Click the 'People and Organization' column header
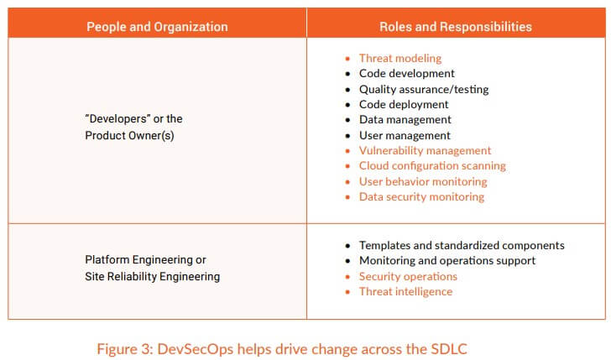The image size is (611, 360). click(x=157, y=27)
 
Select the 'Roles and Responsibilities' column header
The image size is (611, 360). click(x=456, y=27)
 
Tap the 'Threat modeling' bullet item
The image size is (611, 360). click(x=400, y=58)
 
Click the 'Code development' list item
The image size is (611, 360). click(x=407, y=73)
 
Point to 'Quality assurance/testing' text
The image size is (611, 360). click(x=424, y=89)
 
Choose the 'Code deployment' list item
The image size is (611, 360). click(x=404, y=104)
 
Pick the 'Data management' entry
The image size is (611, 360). click(x=405, y=120)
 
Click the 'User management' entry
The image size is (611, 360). click(x=405, y=136)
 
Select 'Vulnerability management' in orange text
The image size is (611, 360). click(x=426, y=150)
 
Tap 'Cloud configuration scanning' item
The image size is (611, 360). click(x=432, y=166)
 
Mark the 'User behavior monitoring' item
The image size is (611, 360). click(x=423, y=181)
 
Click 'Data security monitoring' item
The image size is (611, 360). click(x=421, y=196)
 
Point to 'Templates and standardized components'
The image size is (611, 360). click(x=462, y=245)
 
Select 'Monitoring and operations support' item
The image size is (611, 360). click(x=447, y=261)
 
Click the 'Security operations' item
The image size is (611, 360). click(x=408, y=276)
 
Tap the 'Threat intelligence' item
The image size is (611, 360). click(x=405, y=291)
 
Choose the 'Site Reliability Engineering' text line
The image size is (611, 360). click(x=153, y=277)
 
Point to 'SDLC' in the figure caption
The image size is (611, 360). click(x=449, y=349)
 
